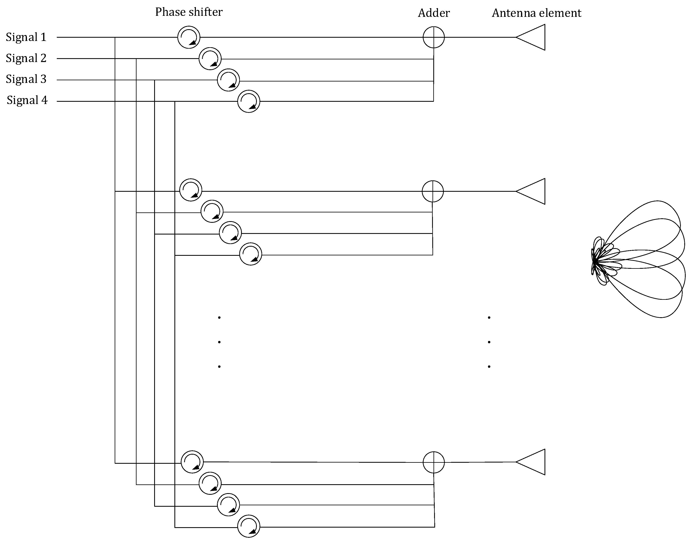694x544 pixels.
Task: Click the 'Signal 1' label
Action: pyautogui.click(x=26, y=37)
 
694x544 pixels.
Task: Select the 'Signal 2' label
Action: pyautogui.click(x=26, y=58)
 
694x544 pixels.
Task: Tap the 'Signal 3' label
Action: pyautogui.click(x=26, y=79)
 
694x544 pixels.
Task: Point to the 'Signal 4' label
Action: pyautogui.click(x=27, y=100)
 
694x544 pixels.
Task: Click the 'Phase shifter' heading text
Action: pyautogui.click(x=189, y=12)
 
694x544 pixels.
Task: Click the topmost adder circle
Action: pyautogui.click(x=433, y=37)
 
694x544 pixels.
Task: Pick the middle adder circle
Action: pyautogui.click(x=433, y=191)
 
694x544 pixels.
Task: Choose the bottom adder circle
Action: pyautogui.click(x=433, y=462)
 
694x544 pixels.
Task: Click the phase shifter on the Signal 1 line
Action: pyautogui.click(x=189, y=37)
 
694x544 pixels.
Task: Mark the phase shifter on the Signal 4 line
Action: pyautogui.click(x=249, y=102)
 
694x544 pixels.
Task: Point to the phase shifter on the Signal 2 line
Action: pyautogui.click(x=210, y=59)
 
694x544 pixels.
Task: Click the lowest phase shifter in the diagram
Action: pyautogui.click(x=249, y=526)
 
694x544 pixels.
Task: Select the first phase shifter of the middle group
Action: pyautogui.click(x=191, y=190)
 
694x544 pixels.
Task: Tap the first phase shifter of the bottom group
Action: pyautogui.click(x=192, y=462)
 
